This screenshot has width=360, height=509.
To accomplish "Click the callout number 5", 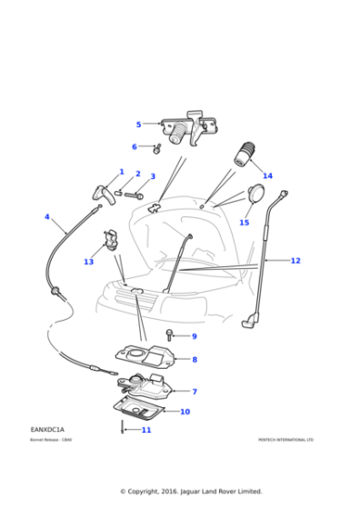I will pos(139,125).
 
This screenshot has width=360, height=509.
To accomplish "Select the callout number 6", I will pos(135,146).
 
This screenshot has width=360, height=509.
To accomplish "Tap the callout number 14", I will pos(267,175).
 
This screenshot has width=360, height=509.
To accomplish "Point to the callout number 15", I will pos(244,222).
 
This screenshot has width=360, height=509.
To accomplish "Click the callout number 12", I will pos(295,261).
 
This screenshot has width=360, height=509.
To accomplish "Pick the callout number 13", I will pos(88,262).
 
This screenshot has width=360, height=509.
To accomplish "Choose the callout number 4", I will pos(47,217).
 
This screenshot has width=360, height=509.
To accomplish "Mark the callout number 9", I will pos(194,336).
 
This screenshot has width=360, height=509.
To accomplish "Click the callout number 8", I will pos(194,359).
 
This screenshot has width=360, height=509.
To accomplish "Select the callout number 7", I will pos(194,392).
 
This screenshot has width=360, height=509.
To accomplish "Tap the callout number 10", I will pos(185,412).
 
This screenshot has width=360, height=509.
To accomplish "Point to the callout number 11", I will pos(146,430).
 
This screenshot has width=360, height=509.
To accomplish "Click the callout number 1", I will pos(121,171).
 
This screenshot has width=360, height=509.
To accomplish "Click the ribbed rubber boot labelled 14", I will pos(245,154).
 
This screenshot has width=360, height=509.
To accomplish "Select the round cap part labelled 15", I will pos(255,195).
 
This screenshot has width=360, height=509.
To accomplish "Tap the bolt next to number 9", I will pos(171,336).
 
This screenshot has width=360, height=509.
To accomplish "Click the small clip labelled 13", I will pos(111,240).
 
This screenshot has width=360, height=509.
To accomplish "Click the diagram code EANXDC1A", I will pos(47,429).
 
